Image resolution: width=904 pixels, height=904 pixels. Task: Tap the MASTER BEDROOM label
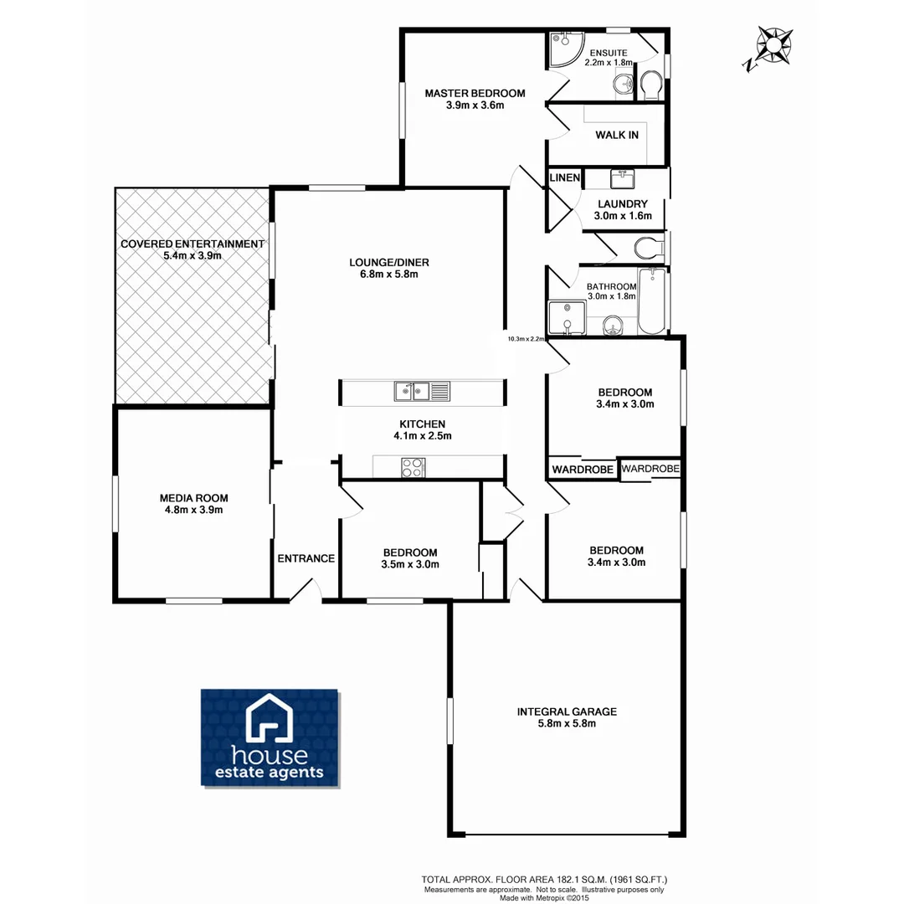click(475, 93)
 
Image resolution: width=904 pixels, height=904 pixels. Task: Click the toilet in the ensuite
click(650, 84)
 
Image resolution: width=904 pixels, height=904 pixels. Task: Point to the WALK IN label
click(617, 135)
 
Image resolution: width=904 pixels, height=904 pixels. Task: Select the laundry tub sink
click(622, 179)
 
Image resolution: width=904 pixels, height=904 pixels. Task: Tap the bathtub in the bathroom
click(651, 301)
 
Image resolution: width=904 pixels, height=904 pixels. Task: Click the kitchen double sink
click(422, 391)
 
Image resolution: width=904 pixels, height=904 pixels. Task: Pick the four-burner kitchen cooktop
click(413, 467)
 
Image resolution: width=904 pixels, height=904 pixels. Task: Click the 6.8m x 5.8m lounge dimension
click(383, 274)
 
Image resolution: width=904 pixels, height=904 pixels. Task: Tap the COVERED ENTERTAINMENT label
click(193, 244)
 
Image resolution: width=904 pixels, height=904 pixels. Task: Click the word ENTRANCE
click(306, 558)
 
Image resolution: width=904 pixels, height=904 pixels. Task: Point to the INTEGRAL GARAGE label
click(567, 711)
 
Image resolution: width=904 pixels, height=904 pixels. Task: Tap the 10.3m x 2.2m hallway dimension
click(526, 339)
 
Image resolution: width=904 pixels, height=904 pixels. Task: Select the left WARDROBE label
click(582, 470)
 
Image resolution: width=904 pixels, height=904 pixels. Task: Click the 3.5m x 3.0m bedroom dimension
click(410, 564)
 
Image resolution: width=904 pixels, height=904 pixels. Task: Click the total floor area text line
click(544, 880)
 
